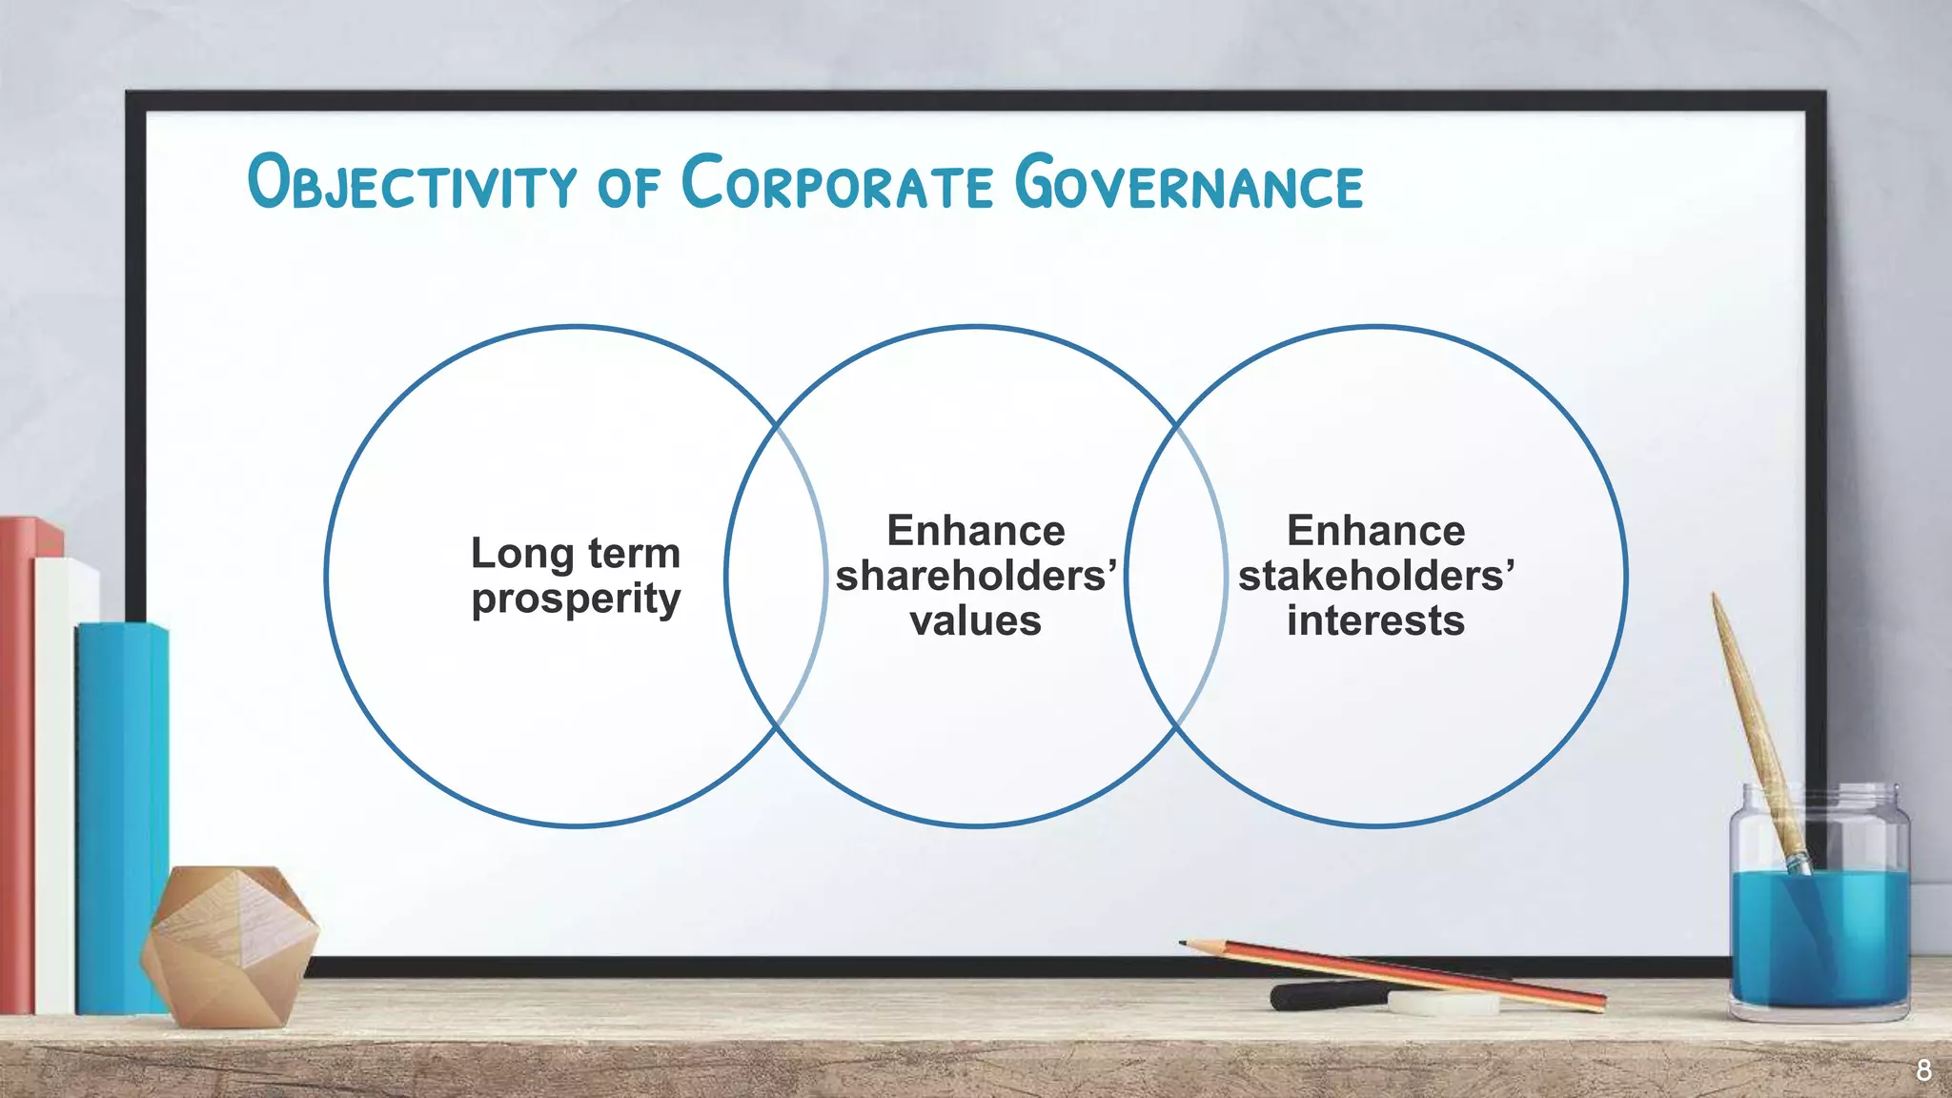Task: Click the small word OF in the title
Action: pyautogui.click(x=628, y=186)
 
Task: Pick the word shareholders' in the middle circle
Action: pyautogui.click(x=975, y=576)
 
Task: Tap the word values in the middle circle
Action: pyautogui.click(x=975, y=621)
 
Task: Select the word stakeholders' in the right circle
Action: pyautogui.click(x=1375, y=576)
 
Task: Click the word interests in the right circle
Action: pyautogui.click(x=1375, y=621)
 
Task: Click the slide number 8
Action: pyautogui.click(x=1923, y=1070)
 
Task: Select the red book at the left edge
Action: pyautogui.click(x=17, y=762)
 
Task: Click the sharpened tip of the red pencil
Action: pyautogui.click(x=1184, y=944)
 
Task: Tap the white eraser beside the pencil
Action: pyautogui.click(x=1442, y=1002)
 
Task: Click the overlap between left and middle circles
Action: pyautogui.click(x=776, y=577)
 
